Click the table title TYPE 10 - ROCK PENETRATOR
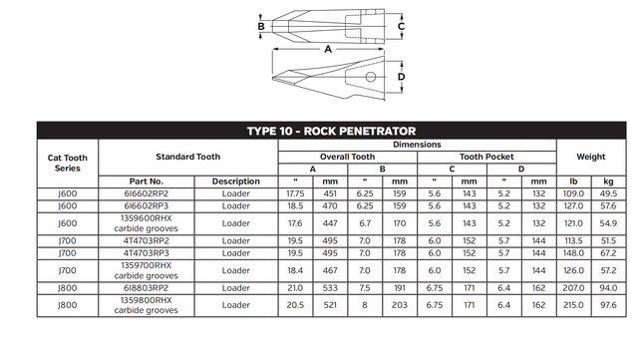pos(331,131)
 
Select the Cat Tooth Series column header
pos(68,163)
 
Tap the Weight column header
pos(591,157)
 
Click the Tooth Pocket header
pos(486,157)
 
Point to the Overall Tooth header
pos(348,157)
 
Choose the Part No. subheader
pos(147,181)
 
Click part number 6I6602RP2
pos(147,193)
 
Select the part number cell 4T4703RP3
pos(147,253)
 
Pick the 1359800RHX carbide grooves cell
pos(147,305)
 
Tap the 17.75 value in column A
pos(295,193)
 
